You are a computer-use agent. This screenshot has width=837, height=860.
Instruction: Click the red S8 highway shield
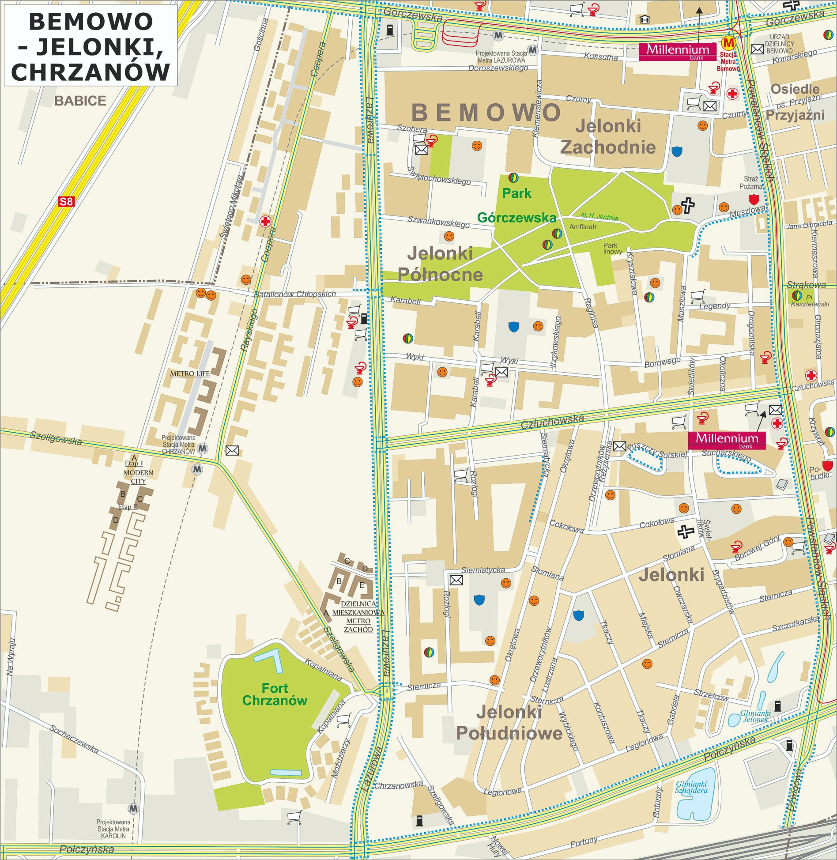tap(66, 202)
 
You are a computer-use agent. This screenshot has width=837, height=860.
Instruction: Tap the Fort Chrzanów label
tap(275, 694)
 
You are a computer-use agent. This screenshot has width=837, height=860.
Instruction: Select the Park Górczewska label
tap(517, 205)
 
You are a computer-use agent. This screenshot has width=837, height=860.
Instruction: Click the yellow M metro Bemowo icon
tap(728, 43)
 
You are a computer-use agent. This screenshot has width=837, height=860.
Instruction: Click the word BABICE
tap(80, 101)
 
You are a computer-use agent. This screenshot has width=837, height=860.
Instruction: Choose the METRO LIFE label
tap(190, 373)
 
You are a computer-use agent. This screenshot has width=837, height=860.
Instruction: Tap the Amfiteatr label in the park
tap(583, 226)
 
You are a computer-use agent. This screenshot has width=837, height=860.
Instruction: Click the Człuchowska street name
tap(552, 421)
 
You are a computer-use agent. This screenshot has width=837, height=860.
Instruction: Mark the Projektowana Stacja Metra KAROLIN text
tap(113, 829)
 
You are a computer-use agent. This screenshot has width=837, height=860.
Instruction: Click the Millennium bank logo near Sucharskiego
tap(727, 439)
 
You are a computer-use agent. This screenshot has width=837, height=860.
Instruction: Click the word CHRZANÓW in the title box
tap(90, 71)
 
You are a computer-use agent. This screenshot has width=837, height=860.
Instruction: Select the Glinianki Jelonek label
tap(755, 716)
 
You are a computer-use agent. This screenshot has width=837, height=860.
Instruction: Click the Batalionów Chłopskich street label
tap(294, 294)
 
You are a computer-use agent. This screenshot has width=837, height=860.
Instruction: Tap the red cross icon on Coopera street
tap(265, 221)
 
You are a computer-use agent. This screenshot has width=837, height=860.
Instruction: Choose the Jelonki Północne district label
tap(440, 264)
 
